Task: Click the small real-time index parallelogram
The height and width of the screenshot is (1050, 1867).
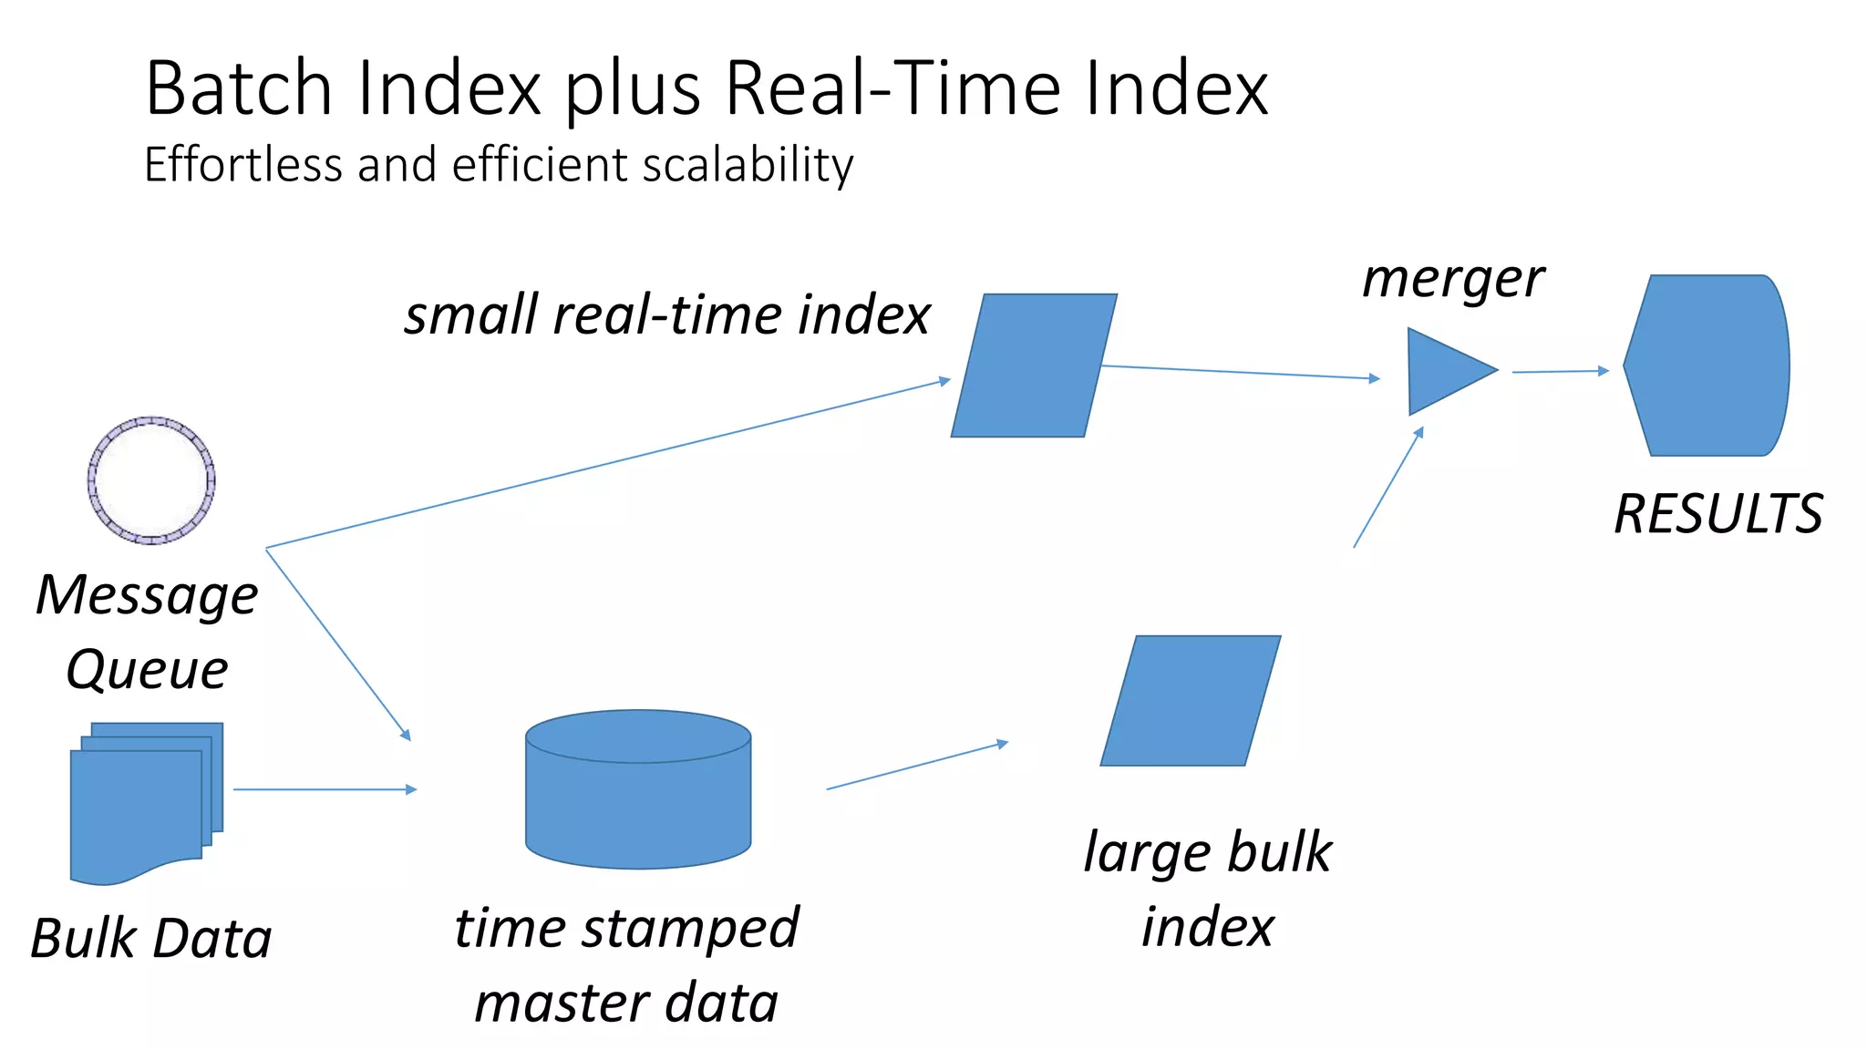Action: (x=1034, y=365)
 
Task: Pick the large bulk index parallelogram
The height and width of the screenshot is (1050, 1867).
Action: (x=1191, y=701)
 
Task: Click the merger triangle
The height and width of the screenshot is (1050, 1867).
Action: (x=1445, y=371)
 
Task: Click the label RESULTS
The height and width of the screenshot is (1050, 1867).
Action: (x=1718, y=514)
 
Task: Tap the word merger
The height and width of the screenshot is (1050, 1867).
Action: (x=1453, y=279)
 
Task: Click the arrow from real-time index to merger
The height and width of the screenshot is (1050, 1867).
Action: (x=1240, y=372)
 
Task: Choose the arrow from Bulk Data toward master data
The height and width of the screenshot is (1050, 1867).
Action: (x=325, y=789)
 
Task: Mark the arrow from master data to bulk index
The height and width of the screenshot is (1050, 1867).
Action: (x=916, y=766)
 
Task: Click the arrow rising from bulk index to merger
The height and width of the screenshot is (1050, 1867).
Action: (x=1388, y=488)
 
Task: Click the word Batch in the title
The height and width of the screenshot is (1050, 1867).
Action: (x=240, y=88)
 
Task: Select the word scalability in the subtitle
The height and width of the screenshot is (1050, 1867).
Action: (x=748, y=166)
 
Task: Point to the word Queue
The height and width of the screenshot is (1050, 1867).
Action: (x=147, y=671)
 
